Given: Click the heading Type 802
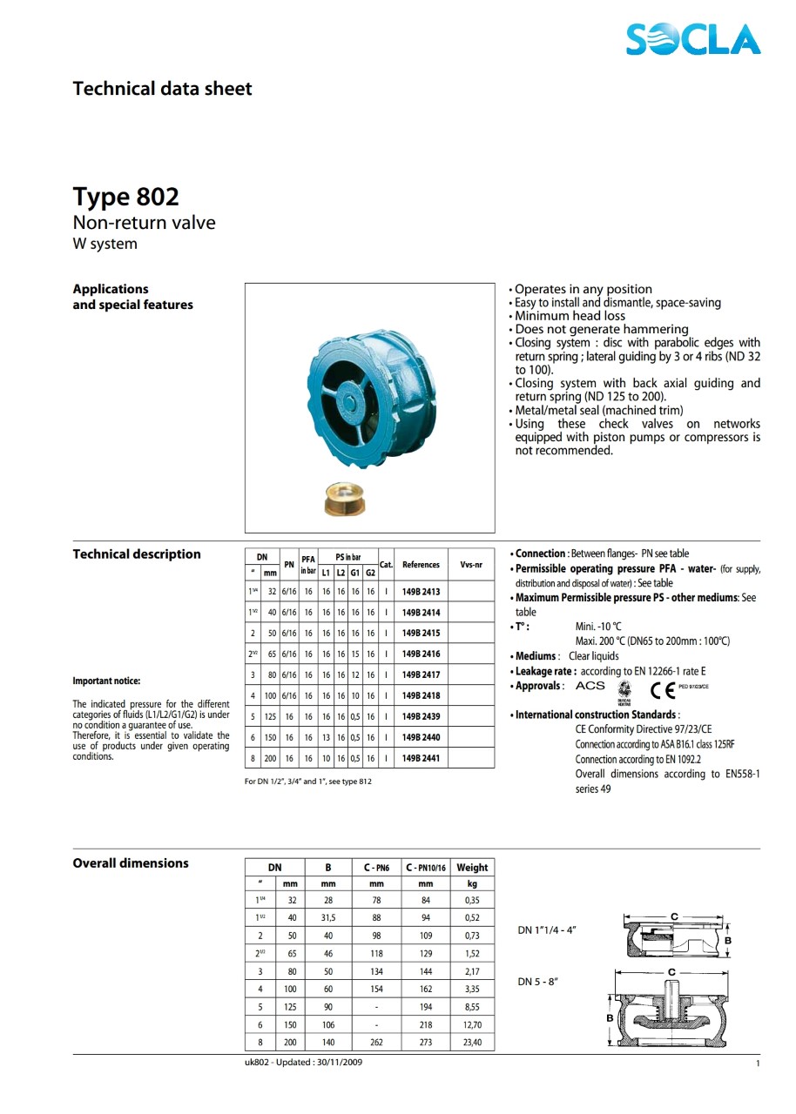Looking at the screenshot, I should coord(125,196).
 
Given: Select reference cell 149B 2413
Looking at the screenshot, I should coord(421,591).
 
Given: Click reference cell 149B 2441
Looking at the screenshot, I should coord(421,758).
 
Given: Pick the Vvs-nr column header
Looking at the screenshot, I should coord(471,565).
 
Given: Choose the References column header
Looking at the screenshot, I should coord(421,565).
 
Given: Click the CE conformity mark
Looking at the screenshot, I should coord(662,690).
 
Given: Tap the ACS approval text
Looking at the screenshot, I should coord(590,686).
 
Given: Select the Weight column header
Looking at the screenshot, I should coord(472,868).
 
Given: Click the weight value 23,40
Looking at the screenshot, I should coord(472,1042).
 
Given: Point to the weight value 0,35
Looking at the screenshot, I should coord(472,901).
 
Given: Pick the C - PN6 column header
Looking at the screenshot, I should coord(376,868).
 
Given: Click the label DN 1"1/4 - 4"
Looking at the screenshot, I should coord(547,929).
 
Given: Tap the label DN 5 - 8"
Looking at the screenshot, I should coord(538,982).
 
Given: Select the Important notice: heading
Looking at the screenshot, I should coord(106,681).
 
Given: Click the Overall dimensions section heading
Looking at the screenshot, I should coord(131,863).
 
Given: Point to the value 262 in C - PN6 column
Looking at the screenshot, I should coord(376,1042).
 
